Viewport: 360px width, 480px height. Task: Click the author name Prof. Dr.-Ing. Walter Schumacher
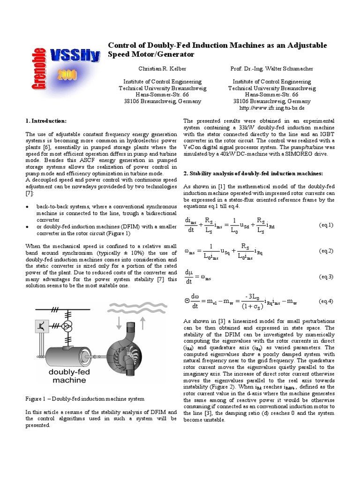click(272, 68)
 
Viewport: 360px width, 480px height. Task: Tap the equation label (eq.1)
click(326, 225)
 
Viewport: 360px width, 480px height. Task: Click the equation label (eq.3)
click(326, 277)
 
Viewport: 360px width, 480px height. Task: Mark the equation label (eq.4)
click(326, 301)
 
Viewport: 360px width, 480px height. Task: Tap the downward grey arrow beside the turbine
click(118, 323)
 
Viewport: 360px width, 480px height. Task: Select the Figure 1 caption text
click(84, 398)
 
